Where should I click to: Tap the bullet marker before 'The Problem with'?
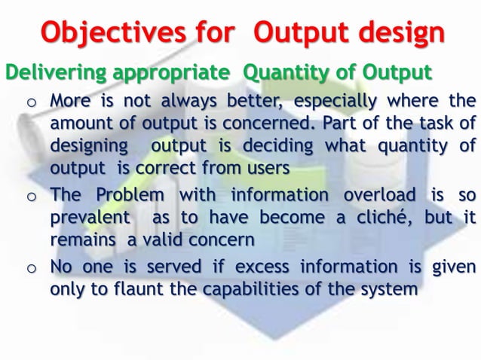31,198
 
